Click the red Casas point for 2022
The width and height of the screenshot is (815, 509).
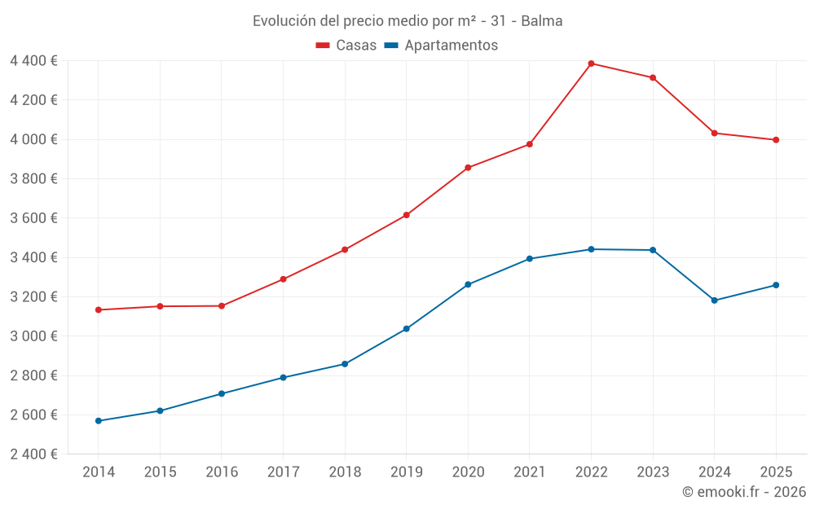coord(591,64)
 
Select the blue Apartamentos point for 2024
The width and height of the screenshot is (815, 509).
coord(715,301)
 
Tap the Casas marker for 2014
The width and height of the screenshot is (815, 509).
coord(98,309)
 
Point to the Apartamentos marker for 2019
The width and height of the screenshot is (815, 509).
coord(406,329)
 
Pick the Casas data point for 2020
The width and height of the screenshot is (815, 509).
coord(468,168)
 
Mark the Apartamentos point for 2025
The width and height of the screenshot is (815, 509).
coord(776,285)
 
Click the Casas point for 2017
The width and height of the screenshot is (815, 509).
coord(283,279)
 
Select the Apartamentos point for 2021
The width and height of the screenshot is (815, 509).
coord(530,259)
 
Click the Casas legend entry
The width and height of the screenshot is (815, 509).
coord(346,46)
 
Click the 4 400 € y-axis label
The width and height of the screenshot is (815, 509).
coord(33,61)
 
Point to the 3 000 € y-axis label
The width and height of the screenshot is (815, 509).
coord(33,336)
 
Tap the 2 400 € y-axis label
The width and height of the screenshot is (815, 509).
coord(33,454)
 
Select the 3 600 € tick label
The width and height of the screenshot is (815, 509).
coord(33,218)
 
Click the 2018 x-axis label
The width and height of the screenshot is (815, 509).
coord(345,472)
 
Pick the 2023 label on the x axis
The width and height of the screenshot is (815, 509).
coord(653,472)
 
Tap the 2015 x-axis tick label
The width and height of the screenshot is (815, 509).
coord(160,472)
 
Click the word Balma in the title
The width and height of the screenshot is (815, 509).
coord(542,21)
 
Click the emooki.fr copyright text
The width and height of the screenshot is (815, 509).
coord(744,492)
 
